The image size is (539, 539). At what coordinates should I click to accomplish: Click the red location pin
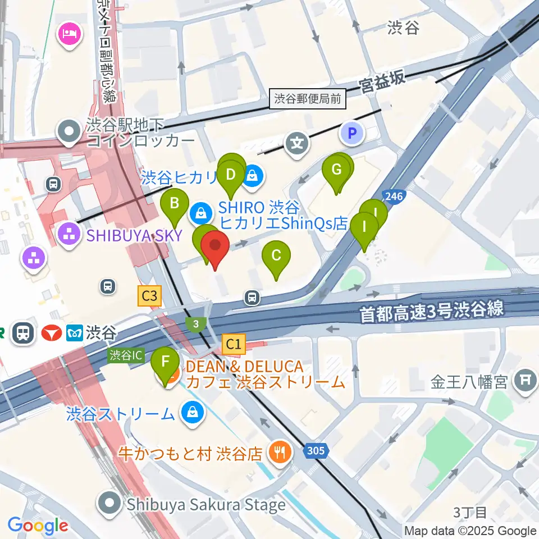216,246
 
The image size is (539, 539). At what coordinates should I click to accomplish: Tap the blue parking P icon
352,134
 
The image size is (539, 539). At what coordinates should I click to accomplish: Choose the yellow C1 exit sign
234,344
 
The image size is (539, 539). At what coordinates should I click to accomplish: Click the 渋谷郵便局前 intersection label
308,99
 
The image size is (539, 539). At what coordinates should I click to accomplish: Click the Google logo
38,526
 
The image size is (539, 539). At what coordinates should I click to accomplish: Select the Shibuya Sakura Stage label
205,504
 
